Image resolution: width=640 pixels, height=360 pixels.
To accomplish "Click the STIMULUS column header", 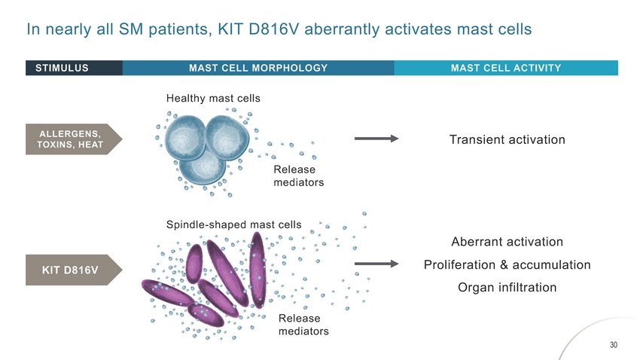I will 62,68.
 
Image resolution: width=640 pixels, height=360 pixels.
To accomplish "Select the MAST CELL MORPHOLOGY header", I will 258,68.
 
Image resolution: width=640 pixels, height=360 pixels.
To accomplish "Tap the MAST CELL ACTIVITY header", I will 505,68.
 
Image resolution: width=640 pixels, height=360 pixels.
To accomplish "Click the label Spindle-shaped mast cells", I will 233,224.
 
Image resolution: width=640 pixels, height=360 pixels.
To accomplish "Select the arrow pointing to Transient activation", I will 376,139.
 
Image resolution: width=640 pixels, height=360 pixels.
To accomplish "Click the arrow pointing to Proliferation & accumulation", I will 376,264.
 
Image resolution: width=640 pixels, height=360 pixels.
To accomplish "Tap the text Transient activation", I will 507,139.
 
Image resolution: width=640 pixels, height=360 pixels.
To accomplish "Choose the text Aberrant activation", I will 507,242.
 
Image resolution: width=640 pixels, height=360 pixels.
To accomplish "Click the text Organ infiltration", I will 507,288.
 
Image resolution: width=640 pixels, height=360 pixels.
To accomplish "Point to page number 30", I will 613,345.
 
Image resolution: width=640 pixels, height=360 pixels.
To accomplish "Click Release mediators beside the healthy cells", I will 294,176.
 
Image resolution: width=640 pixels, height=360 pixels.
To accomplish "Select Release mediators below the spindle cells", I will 303,325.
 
